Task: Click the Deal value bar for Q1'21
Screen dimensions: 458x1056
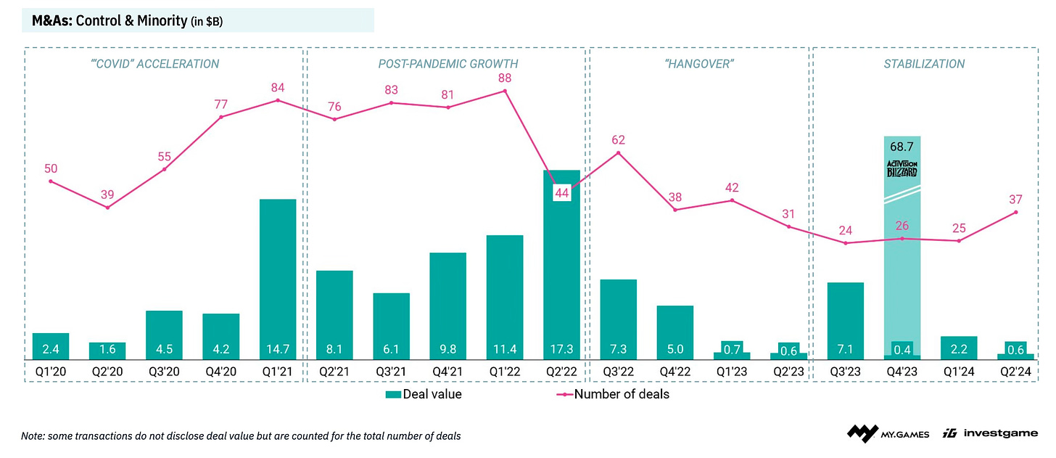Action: [x=278, y=279]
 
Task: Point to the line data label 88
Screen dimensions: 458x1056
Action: [x=505, y=77]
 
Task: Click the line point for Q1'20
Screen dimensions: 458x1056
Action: [x=51, y=181]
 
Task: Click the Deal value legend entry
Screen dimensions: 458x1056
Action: [x=424, y=394]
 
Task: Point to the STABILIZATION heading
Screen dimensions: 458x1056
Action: [x=923, y=64]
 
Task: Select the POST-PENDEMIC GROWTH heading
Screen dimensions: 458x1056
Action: [x=448, y=64]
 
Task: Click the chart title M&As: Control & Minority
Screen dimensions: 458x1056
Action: [x=122, y=20]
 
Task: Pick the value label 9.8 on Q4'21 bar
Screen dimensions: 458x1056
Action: [x=447, y=348]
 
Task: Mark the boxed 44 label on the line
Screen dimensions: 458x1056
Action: [x=562, y=192]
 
